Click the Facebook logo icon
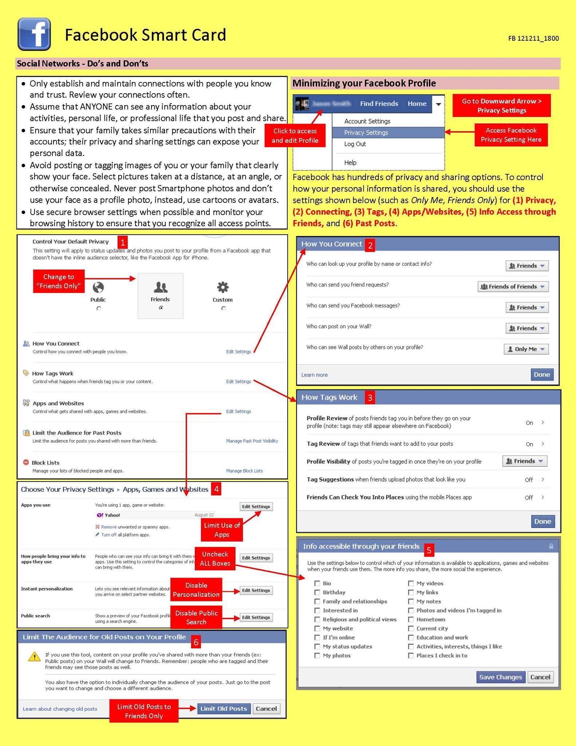click(34, 34)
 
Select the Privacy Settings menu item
click(366, 133)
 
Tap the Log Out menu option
click(355, 144)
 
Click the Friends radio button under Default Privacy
click(161, 308)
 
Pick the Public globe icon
click(98, 287)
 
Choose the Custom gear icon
click(222, 287)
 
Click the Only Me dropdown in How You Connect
click(526, 349)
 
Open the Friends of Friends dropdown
click(513, 287)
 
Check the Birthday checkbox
click(317, 592)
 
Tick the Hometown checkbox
click(411, 619)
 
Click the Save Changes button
click(500, 677)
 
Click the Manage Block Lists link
click(244, 471)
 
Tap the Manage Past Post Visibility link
click(252, 441)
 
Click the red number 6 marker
click(196, 642)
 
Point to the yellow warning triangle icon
click(35, 656)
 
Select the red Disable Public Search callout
click(196, 617)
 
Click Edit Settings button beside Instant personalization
click(256, 590)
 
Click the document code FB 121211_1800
click(533, 38)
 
